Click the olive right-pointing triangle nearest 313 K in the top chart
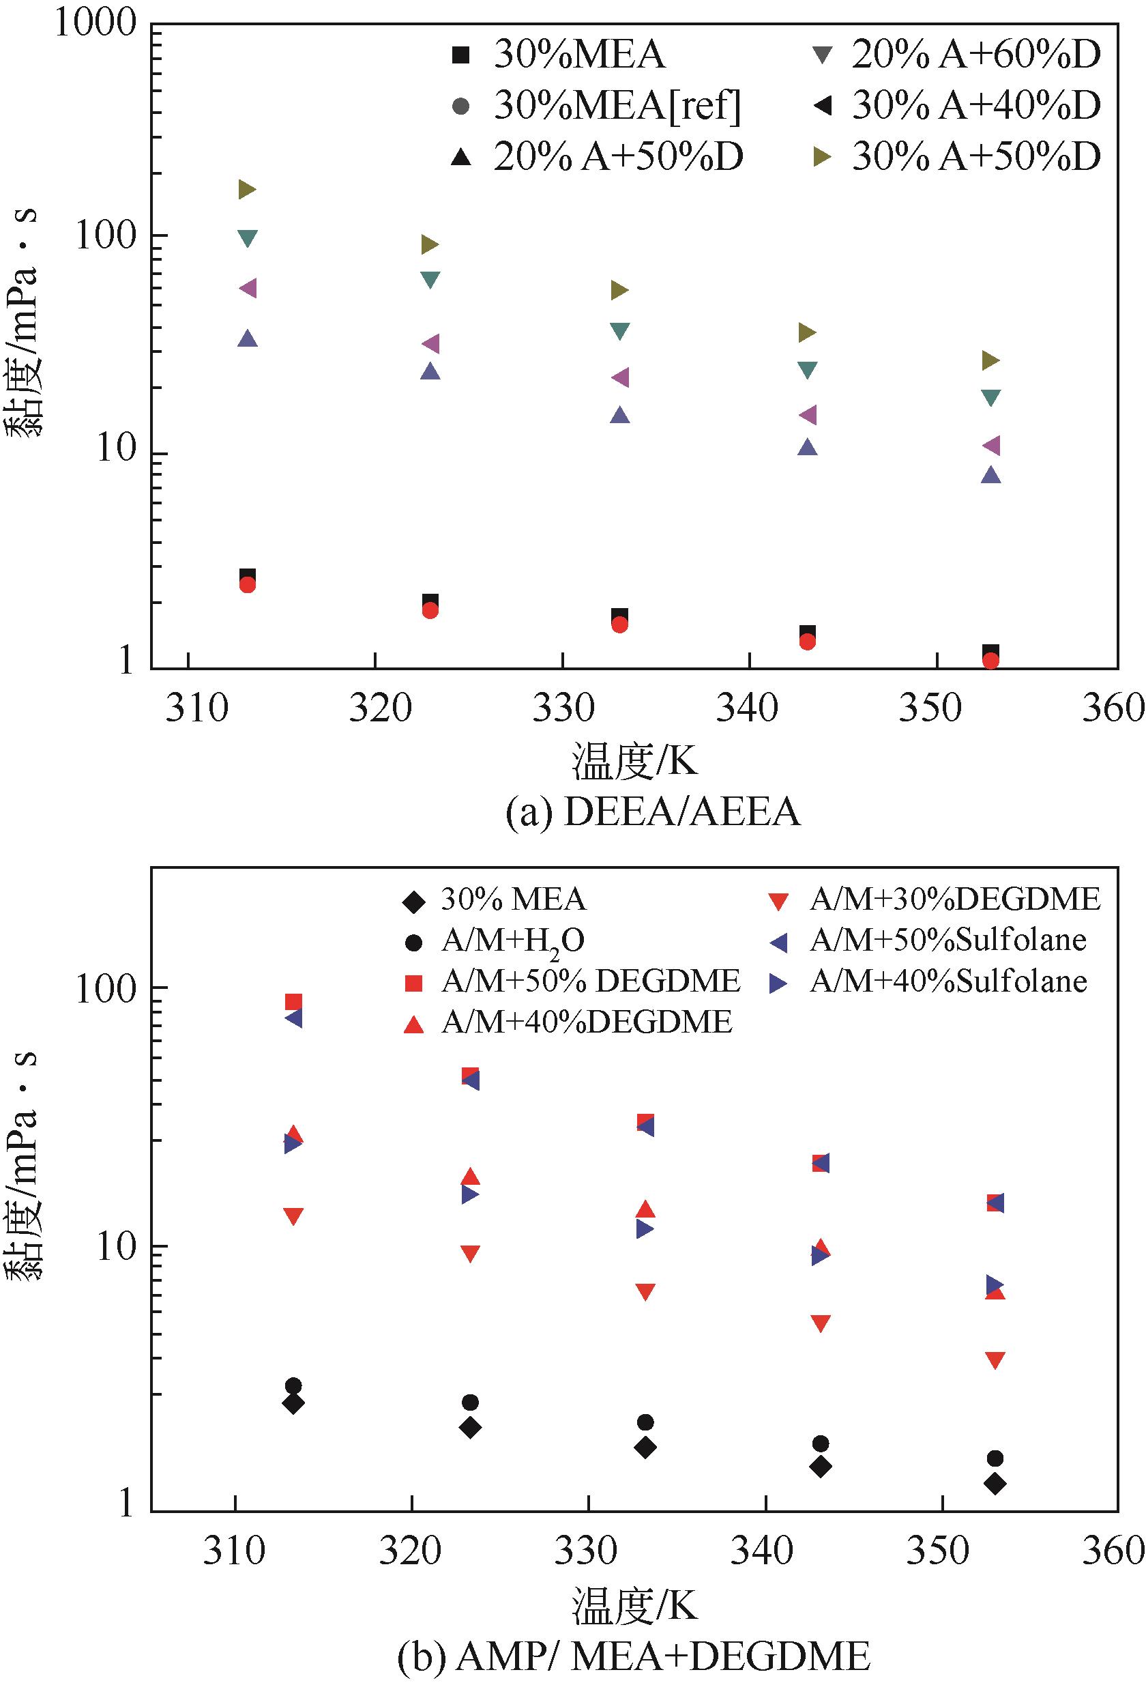(248, 190)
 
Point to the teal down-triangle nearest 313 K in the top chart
(248, 238)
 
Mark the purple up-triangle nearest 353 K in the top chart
(991, 475)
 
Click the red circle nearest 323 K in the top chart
(430, 611)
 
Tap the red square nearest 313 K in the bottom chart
(293, 1002)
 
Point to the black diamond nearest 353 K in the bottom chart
(995, 1484)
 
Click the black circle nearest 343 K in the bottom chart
(820, 1444)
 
